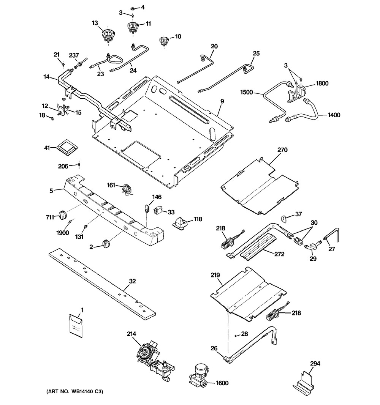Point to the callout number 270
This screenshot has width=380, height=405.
click(282, 150)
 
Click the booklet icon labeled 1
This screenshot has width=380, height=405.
click(76, 325)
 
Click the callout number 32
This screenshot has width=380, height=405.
click(132, 282)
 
